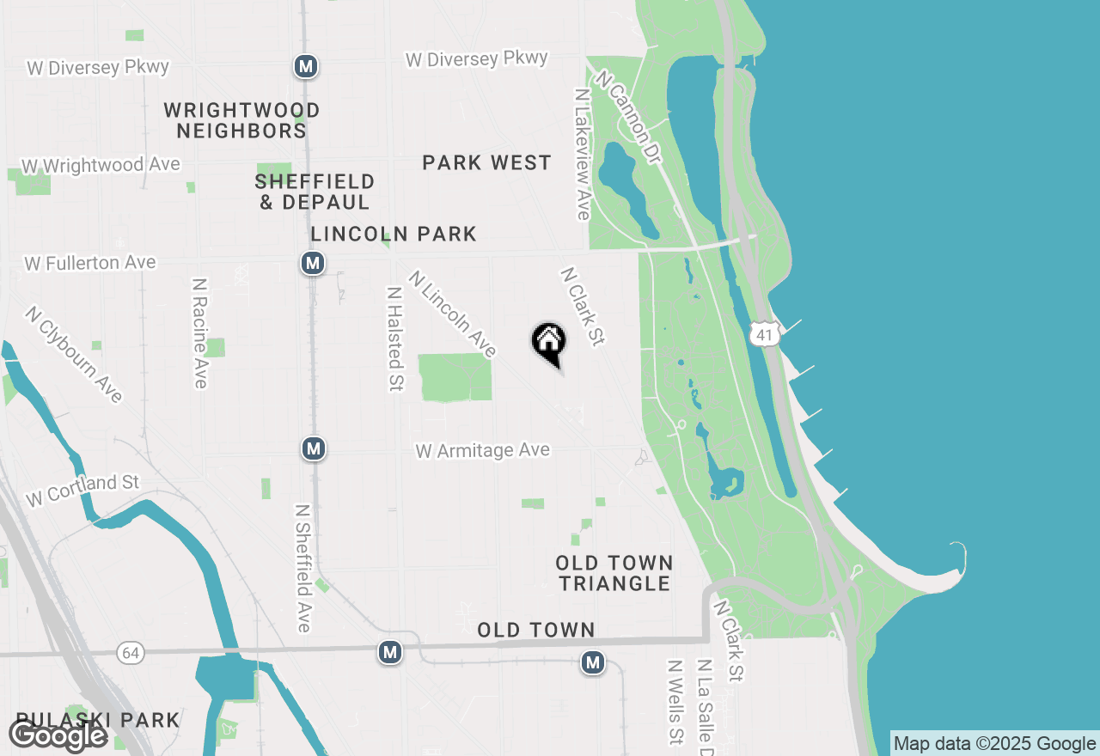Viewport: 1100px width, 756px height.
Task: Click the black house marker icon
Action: (x=548, y=342)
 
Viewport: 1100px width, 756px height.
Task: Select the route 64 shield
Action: (x=131, y=654)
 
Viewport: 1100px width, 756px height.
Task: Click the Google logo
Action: (x=58, y=735)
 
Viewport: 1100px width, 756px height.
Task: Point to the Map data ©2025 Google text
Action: (x=994, y=743)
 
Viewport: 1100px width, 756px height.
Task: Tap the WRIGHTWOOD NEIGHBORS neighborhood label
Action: (x=241, y=120)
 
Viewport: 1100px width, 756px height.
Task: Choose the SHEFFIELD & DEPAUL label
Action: (x=315, y=192)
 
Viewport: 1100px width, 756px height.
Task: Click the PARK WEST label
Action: (x=486, y=162)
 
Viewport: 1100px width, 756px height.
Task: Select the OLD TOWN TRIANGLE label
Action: (x=614, y=573)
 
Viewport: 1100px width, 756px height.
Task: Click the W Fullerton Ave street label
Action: (x=90, y=262)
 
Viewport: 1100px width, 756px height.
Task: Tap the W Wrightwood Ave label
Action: (x=101, y=164)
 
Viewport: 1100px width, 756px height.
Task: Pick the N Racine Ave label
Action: (x=200, y=332)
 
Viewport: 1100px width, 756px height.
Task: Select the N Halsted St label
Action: (x=395, y=338)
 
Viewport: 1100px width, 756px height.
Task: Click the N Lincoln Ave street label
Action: (x=453, y=314)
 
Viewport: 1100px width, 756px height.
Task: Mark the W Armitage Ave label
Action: (x=482, y=450)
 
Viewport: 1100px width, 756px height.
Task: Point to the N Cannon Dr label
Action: (x=630, y=118)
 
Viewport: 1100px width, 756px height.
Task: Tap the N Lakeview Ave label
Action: (x=583, y=154)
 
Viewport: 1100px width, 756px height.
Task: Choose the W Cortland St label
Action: (x=82, y=491)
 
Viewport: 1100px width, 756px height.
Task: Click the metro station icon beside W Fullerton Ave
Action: (x=313, y=263)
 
